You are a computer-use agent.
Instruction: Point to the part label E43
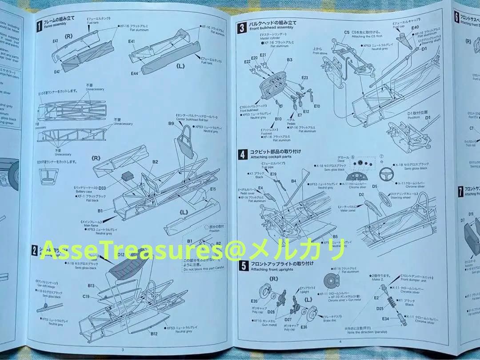[x=55, y=41]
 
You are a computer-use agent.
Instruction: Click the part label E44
[x=134, y=73]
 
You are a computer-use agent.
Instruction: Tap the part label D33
[x=102, y=188]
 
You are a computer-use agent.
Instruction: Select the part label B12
[x=154, y=333]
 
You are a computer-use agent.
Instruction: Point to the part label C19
[x=86, y=296]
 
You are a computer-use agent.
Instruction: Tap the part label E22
[x=248, y=62]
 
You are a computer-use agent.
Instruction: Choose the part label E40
[x=415, y=28]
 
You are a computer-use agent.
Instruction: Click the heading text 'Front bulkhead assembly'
[x=271, y=28]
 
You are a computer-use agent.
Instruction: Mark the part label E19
[x=273, y=174]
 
